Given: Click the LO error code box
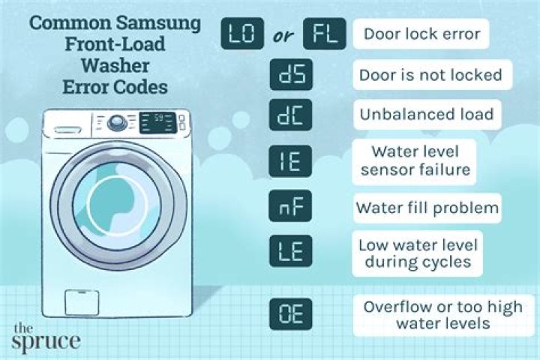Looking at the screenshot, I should pyautogui.click(x=241, y=34).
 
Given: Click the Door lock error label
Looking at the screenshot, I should pyautogui.click(x=421, y=34).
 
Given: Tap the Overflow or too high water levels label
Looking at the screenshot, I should pyautogui.click(x=427, y=316).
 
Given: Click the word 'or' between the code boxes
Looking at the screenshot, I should pyautogui.click(x=283, y=35).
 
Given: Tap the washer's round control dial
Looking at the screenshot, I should pyautogui.click(x=117, y=123).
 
